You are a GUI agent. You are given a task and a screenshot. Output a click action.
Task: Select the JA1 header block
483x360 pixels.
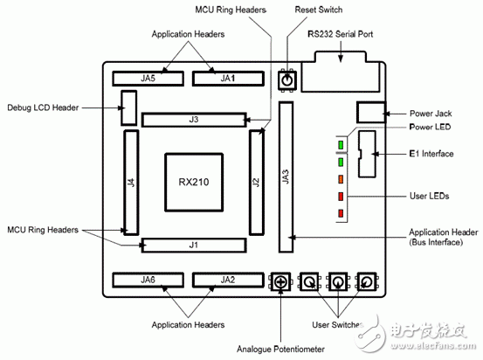228,78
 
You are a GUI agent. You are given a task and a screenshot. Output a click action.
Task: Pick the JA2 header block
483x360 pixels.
228,280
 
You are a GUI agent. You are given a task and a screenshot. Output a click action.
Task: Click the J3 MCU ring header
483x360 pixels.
194,119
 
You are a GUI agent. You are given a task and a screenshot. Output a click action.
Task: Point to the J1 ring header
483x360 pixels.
194,246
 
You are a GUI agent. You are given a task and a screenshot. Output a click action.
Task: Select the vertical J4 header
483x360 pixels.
131,182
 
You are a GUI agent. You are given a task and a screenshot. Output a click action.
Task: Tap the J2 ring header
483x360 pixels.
257,182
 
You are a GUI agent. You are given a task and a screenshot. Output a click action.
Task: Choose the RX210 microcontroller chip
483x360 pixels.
193,182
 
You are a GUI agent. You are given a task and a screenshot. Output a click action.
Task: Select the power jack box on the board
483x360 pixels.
371,113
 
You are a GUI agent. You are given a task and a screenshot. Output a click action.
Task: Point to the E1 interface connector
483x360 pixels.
365,155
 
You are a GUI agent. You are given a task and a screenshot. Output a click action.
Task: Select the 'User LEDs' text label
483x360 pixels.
429,197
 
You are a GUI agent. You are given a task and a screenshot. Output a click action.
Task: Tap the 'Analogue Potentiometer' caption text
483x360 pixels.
280,349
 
